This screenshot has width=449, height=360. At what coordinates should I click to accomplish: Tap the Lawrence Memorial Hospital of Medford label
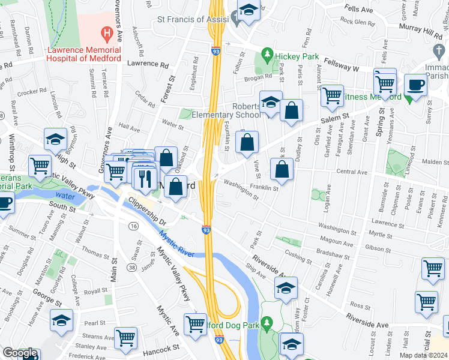[x=85, y=55]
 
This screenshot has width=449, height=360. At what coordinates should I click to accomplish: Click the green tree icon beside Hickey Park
[x=268, y=56]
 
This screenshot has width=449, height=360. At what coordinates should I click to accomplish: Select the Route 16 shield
[x=133, y=225]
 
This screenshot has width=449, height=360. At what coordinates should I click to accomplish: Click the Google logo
[x=20, y=353]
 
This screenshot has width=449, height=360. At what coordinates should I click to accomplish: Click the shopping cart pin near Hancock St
[x=126, y=338]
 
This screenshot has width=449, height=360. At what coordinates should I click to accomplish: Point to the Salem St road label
[x=337, y=119]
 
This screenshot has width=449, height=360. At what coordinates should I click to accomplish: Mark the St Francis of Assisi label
[x=193, y=19]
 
